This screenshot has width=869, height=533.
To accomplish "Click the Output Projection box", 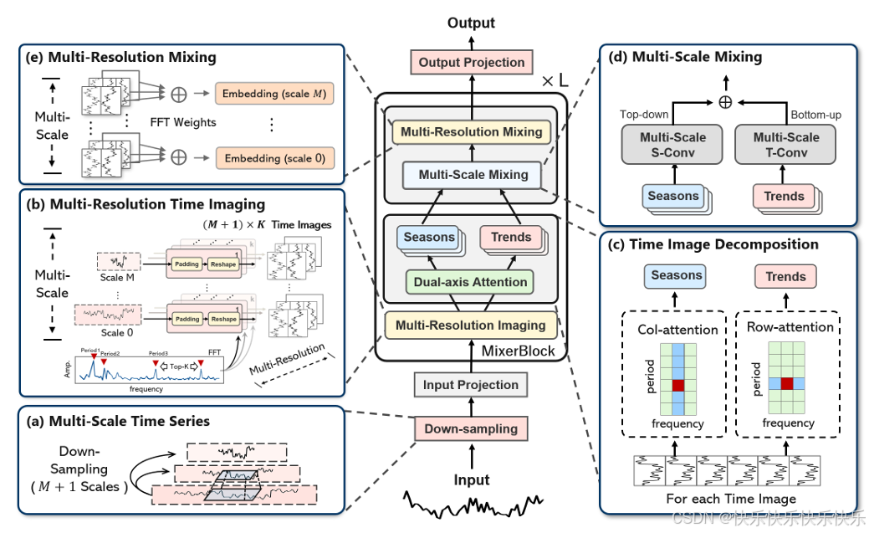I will (472, 62).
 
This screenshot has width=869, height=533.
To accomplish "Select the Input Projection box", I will (470, 385).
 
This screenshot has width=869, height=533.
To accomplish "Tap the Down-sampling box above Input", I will (470, 428).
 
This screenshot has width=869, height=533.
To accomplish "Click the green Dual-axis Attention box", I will (470, 282).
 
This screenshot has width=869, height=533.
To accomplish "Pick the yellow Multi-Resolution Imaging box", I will (470, 325).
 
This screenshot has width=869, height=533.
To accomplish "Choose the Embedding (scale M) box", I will (275, 93).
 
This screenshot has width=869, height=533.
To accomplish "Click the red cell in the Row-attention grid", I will (786, 383).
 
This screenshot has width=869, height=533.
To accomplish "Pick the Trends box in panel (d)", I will (784, 197).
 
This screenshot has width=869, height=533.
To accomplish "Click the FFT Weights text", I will (183, 123).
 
